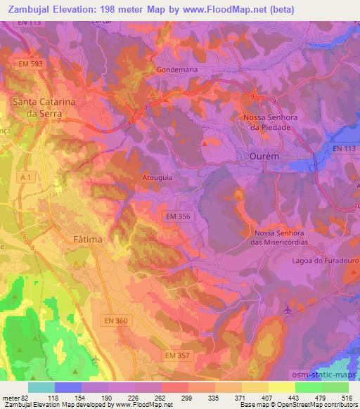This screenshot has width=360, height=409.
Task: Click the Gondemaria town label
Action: point(167,71)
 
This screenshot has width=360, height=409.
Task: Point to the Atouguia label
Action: point(157,178)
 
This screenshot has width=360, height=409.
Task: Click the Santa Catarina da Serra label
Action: point(44,106)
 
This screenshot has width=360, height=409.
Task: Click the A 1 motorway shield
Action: point(25,178)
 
